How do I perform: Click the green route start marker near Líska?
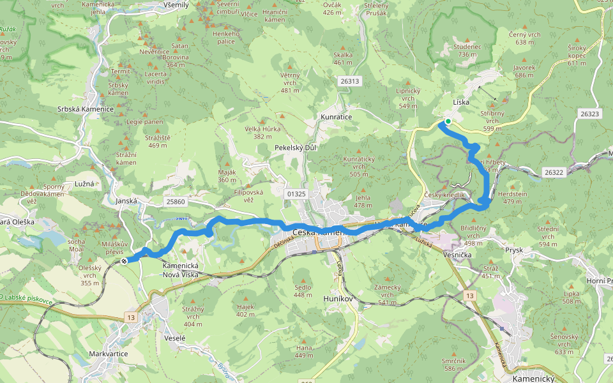coord(448,121)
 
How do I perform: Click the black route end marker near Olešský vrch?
coord(125,260)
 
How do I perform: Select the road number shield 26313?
coord(351,81)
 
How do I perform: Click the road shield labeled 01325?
coord(297,193)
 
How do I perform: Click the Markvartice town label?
coord(108,353)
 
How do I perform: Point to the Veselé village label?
coord(174,338)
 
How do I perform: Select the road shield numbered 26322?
coord(555,172)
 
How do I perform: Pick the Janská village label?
coord(127,200)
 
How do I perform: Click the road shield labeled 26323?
coord(590,114)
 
